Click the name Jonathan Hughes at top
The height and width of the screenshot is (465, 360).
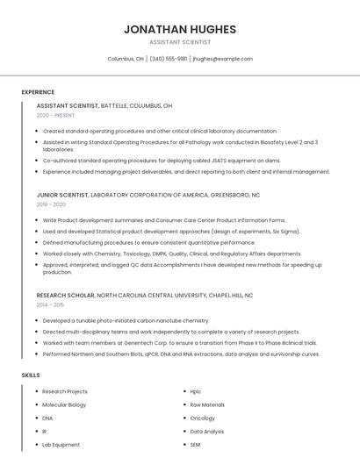[x=179, y=29]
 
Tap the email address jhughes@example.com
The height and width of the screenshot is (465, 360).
[x=222, y=59]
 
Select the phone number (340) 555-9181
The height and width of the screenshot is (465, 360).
[x=168, y=59]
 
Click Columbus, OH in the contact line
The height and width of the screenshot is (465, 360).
[x=126, y=59]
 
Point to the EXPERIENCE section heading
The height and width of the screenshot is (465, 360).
[x=38, y=92]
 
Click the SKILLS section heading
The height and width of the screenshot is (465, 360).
[x=31, y=376]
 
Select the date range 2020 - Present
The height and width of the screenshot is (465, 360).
[x=55, y=116]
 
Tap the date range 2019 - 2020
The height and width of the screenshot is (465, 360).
[x=51, y=204]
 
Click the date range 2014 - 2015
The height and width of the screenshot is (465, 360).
[x=50, y=304]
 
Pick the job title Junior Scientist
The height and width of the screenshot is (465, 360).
[x=62, y=195]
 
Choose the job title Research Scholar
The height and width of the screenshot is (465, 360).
[x=65, y=296]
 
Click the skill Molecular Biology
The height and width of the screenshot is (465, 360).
[x=64, y=405]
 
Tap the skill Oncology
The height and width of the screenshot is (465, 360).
[x=203, y=418]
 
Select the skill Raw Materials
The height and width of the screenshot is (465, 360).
[x=207, y=405]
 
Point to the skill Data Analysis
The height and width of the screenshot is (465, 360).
[x=207, y=432]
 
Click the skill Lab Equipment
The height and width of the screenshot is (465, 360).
[x=61, y=445]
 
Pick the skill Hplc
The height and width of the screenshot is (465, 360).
[x=196, y=391]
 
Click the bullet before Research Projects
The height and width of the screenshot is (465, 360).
[x=36, y=391]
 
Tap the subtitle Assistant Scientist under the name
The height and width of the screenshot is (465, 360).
[x=179, y=42]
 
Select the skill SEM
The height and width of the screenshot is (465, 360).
[x=196, y=445]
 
